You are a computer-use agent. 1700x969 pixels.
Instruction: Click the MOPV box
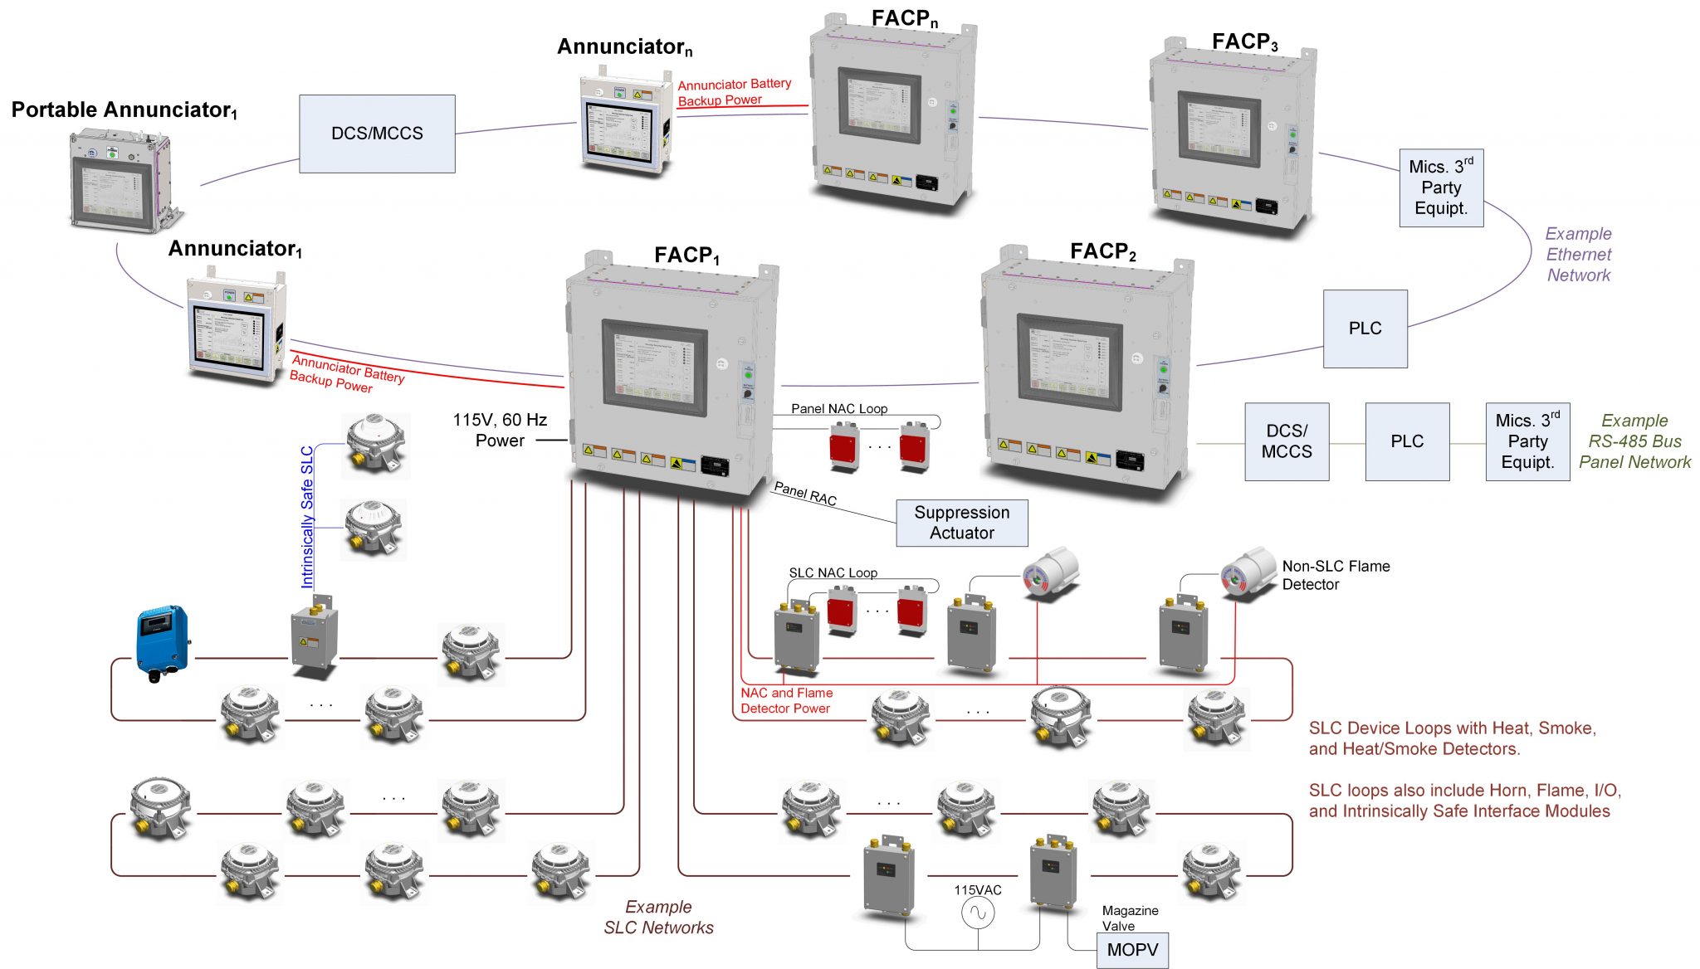(1132, 950)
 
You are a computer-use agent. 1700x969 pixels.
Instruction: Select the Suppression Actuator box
(961, 523)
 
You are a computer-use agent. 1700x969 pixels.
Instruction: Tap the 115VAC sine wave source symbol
(978, 913)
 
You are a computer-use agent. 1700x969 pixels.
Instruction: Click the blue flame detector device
(163, 641)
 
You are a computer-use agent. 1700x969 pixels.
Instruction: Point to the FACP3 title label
(1244, 41)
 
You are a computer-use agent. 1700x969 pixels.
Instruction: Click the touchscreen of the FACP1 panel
(655, 368)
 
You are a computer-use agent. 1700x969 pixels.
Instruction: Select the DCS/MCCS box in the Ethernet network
(377, 134)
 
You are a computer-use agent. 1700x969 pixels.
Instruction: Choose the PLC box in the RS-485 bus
(1407, 441)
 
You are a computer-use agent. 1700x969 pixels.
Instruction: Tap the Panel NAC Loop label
(838, 408)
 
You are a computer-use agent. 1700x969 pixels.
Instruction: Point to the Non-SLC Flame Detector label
(1335, 575)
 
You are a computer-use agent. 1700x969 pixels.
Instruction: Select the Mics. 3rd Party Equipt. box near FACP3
(1441, 187)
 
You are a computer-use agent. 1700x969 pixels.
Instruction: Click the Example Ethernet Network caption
(1578, 255)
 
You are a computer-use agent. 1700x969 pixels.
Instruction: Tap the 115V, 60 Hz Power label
(500, 430)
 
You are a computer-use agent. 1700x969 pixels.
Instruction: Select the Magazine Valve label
(1129, 918)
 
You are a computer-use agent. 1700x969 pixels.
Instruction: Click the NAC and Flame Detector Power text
(786, 700)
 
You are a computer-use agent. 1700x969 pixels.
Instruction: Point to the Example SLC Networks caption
(658, 917)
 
